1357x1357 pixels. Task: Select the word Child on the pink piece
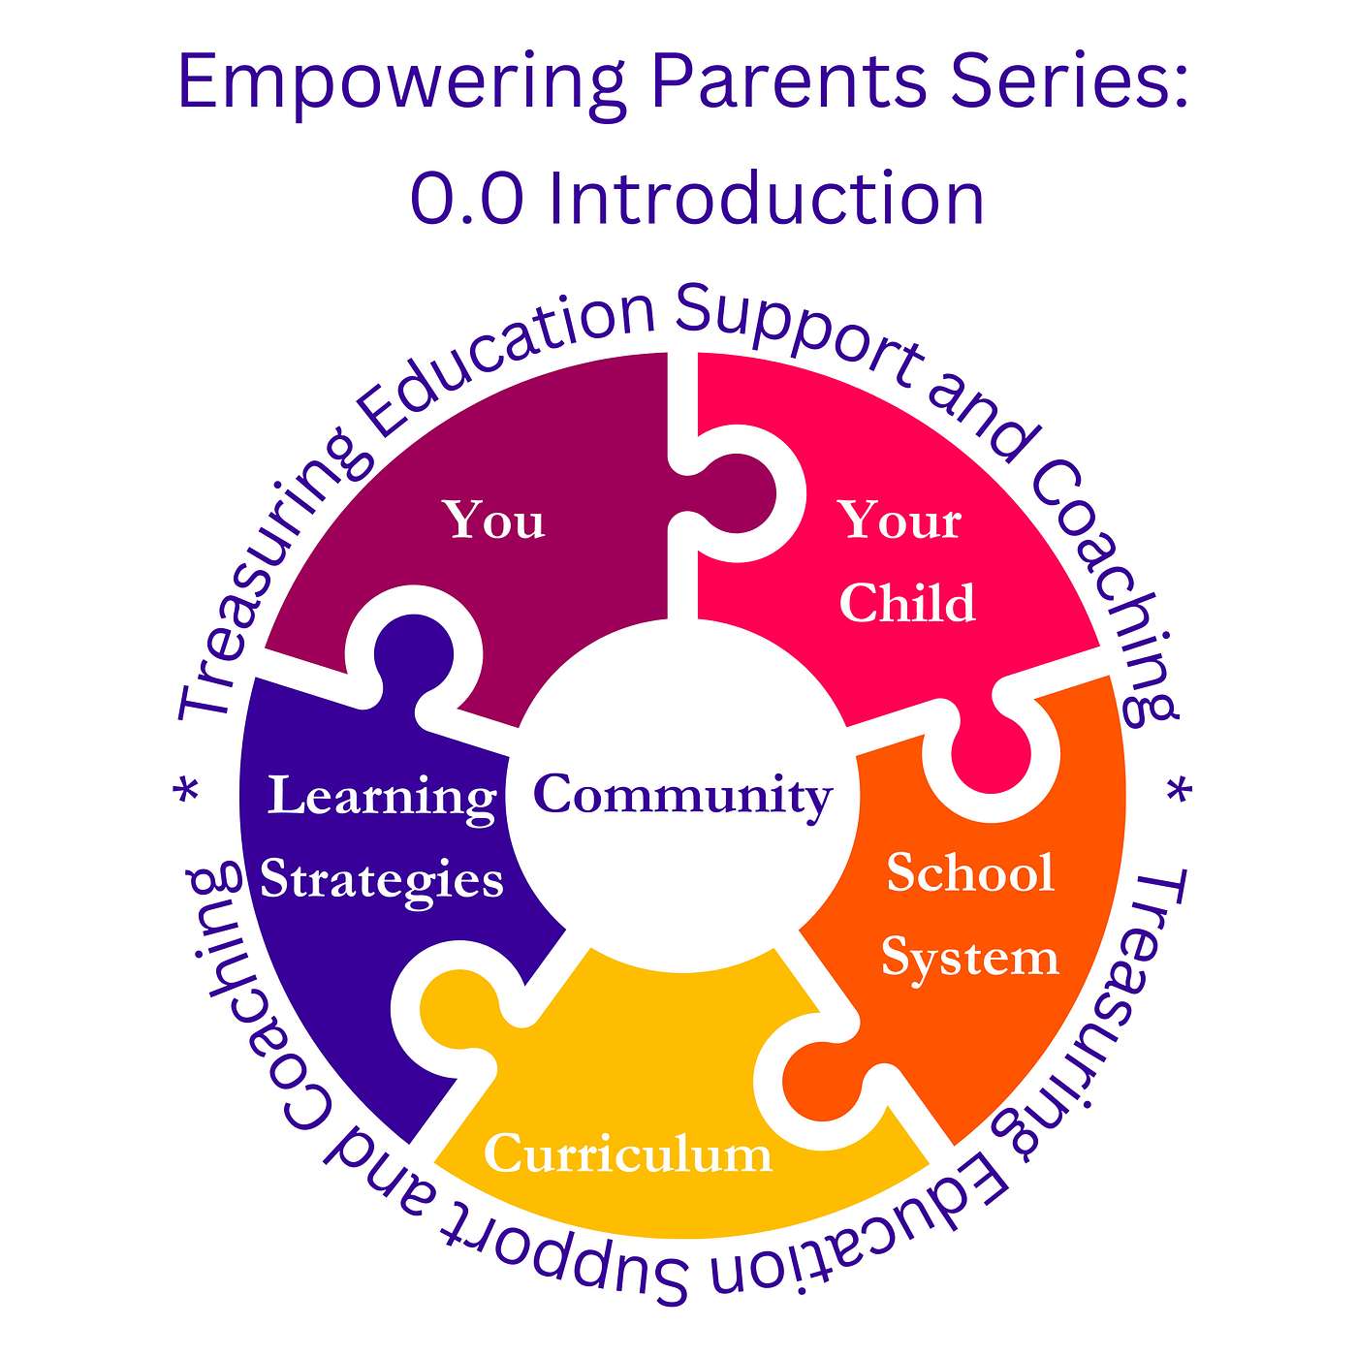907,603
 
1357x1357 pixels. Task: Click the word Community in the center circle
682,797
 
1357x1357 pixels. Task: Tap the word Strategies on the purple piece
382,881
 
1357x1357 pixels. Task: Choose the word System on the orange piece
969,959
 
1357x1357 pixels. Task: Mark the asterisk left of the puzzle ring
187,791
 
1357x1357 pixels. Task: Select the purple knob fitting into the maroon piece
413,652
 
